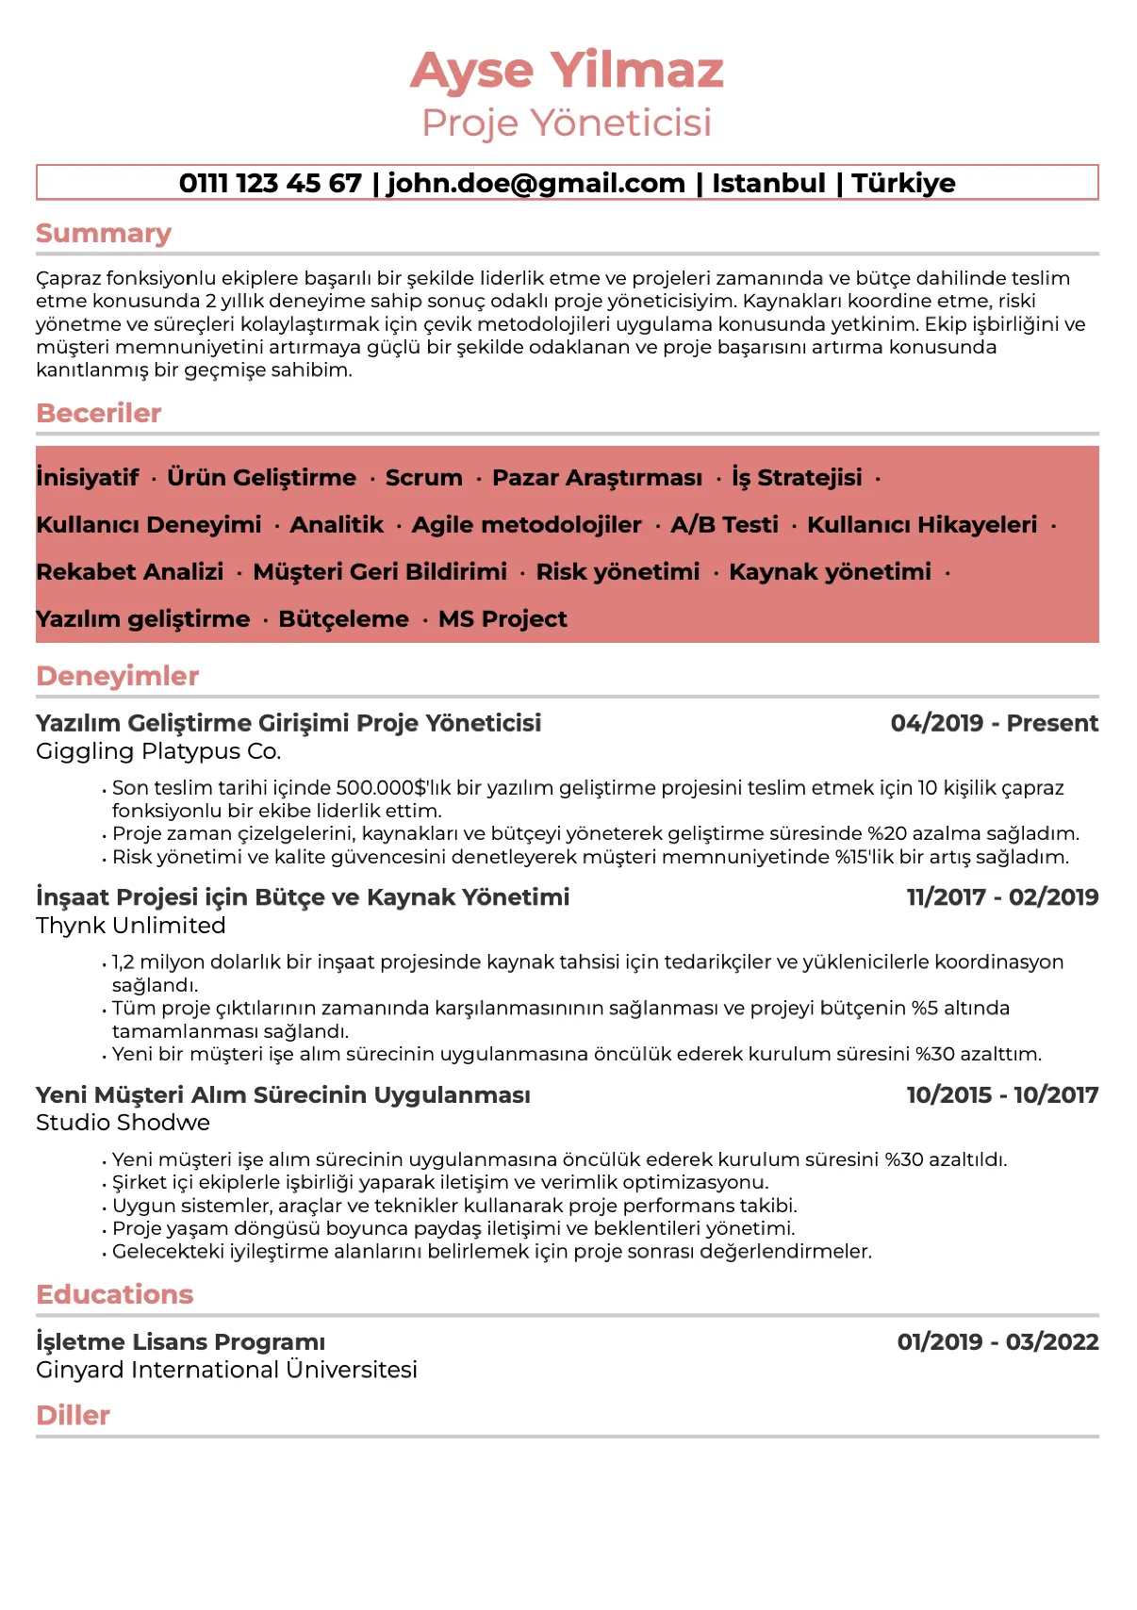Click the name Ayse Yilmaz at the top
(567, 72)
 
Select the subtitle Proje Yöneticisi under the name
(567, 123)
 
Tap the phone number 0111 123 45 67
(270, 183)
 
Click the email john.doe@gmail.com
(536, 183)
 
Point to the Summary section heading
(104, 233)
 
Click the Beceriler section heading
(99, 413)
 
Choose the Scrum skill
(423, 478)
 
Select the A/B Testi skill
(724, 525)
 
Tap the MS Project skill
(503, 619)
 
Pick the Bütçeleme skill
(343, 619)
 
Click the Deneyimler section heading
(118, 676)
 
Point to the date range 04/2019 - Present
(994, 723)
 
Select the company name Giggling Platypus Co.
(158, 751)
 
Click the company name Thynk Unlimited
(131, 926)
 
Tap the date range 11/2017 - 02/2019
(1002, 897)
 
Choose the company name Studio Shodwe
(123, 1123)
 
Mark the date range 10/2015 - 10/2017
(1002, 1095)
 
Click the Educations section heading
(114, 1294)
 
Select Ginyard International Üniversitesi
(226, 1370)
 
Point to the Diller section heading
(73, 1415)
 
